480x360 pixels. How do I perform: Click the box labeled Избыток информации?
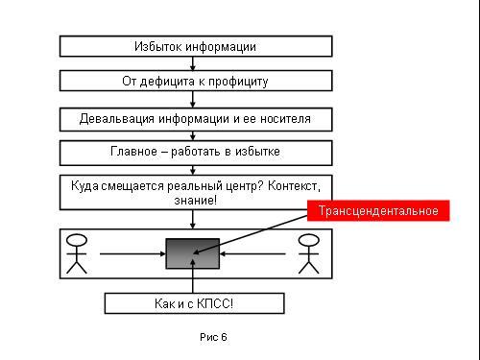196,46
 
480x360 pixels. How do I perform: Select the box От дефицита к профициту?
196,81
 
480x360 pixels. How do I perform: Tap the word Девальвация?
117,119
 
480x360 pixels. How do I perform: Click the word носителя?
285,119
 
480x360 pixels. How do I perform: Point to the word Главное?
133,151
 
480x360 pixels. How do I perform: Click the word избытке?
257,151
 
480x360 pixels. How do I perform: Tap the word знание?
196,201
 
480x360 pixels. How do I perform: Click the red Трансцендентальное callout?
378,210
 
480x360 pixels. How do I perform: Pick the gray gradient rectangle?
193,253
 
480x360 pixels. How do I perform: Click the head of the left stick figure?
77,240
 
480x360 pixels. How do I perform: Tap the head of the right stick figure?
308,240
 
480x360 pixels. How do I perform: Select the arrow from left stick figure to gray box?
132,254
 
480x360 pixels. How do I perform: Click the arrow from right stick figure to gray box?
252,254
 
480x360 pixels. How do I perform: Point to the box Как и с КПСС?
194,303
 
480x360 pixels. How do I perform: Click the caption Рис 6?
213,337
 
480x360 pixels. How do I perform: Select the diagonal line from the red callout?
251,235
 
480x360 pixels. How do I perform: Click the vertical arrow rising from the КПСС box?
193,276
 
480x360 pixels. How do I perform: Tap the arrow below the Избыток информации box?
193,63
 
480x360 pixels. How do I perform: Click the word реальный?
196,186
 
